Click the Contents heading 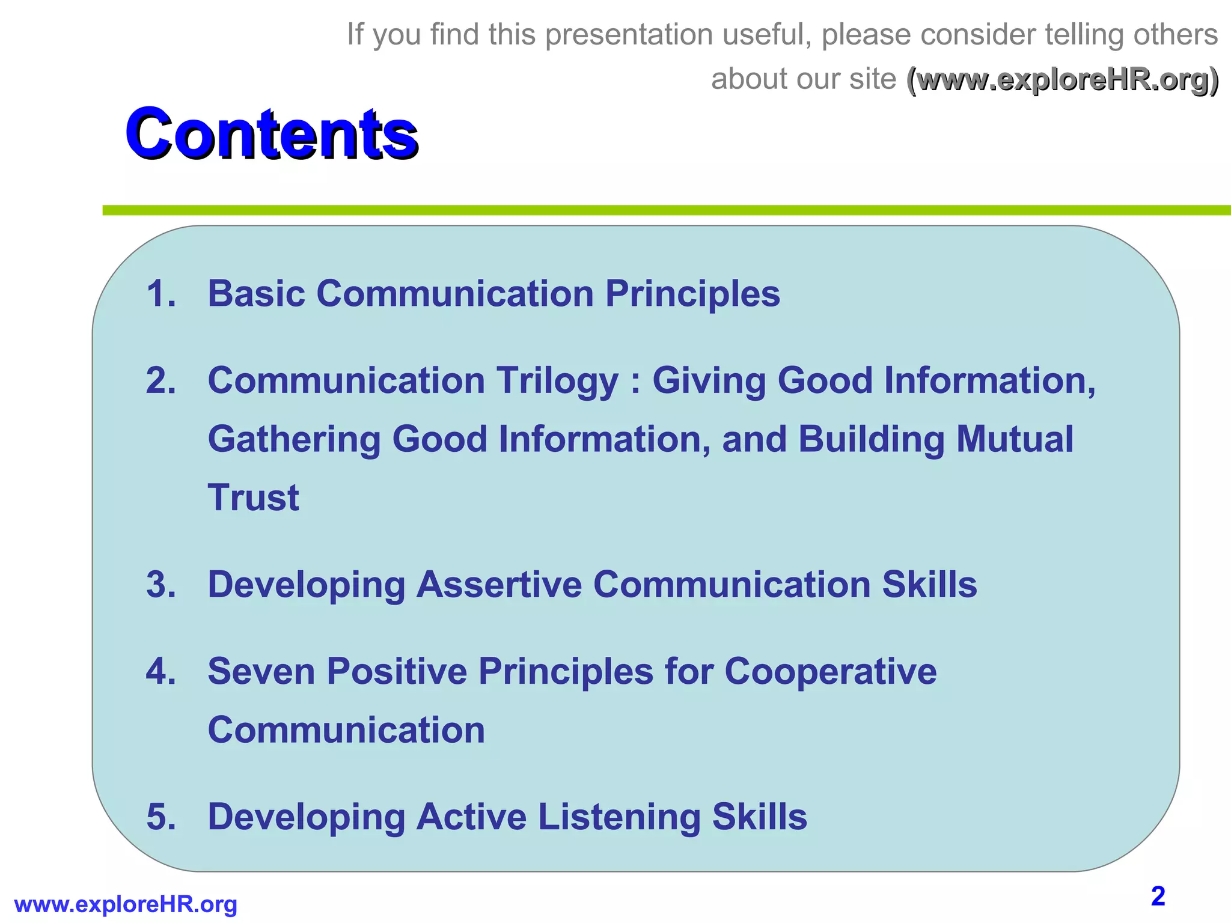[271, 133]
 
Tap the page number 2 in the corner [1158, 896]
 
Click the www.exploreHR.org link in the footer [126, 904]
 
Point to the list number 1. [161, 294]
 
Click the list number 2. [161, 381]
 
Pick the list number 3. [161, 585]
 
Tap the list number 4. [161, 671]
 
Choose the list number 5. [161, 817]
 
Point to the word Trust [253, 498]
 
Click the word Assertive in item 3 [499, 585]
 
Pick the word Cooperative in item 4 [830, 672]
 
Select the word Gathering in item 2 [294, 440]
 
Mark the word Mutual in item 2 [1015, 439]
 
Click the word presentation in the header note [628, 35]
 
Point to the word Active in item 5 [471, 817]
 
